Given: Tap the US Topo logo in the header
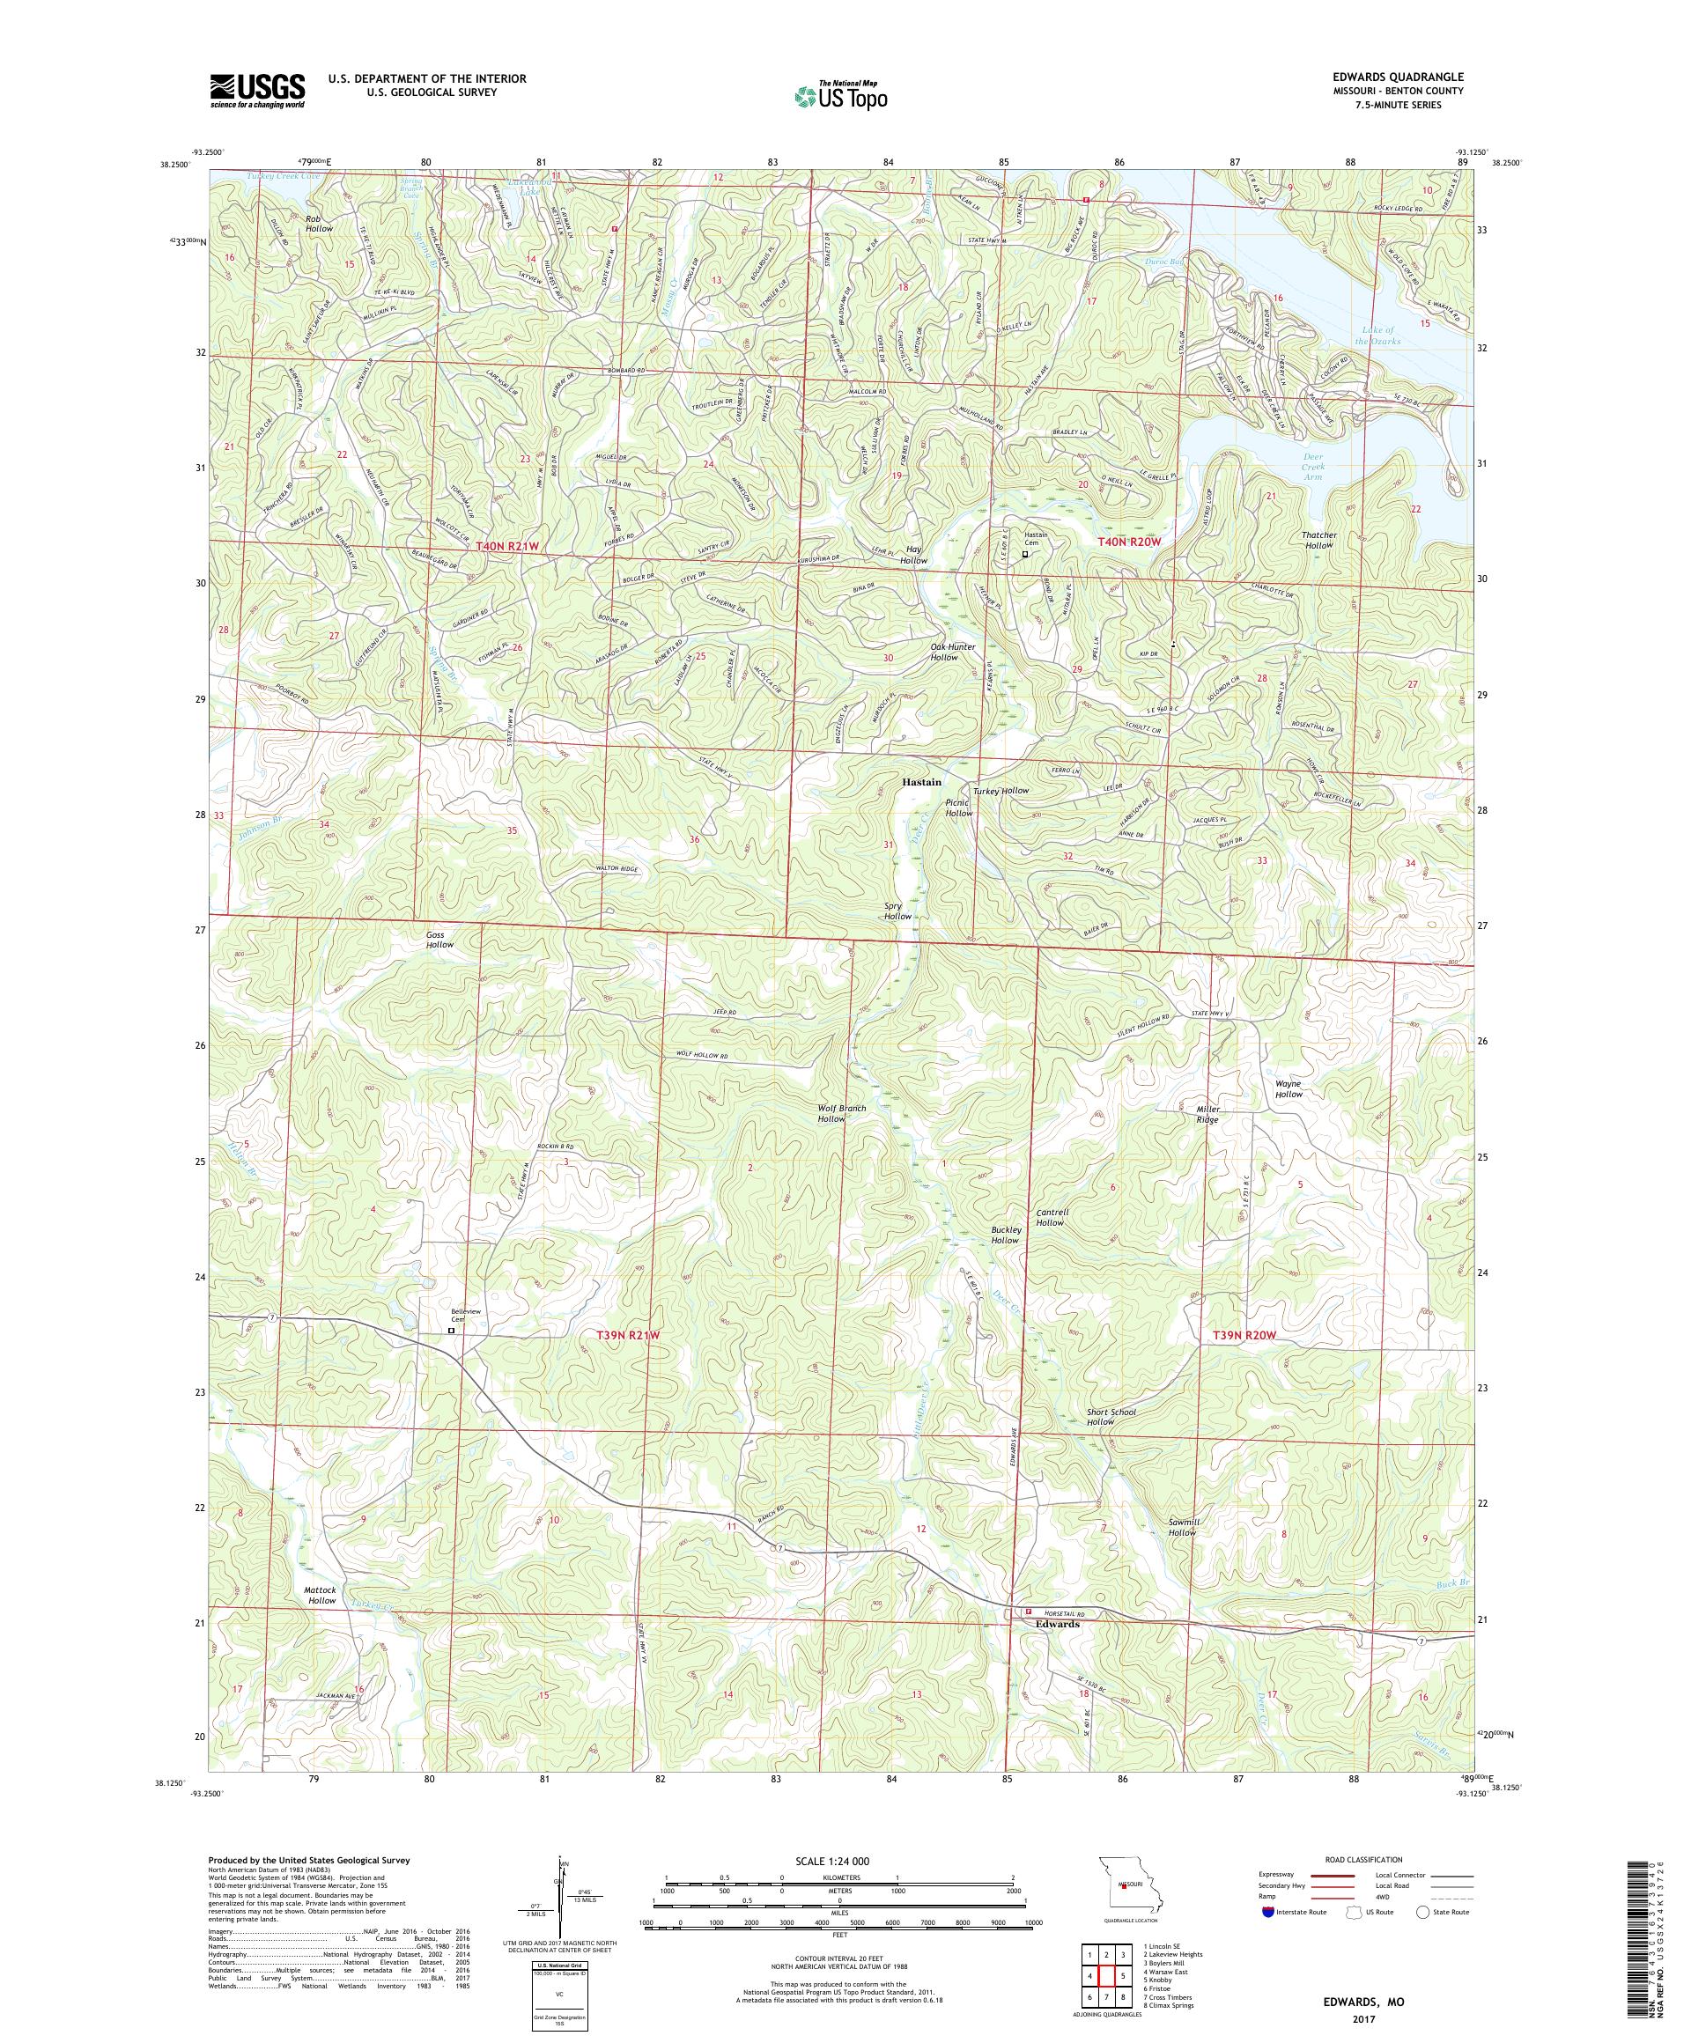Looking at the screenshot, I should point(842,95).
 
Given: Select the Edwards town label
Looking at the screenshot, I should point(1057,1625).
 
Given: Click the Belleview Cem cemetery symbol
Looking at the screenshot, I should point(450,1329).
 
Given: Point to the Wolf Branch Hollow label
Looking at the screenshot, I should point(843,1113).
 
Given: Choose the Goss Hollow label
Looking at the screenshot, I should point(439,939).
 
